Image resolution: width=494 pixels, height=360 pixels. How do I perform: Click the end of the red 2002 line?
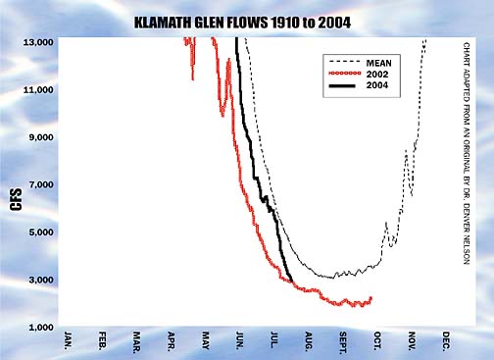[370, 297]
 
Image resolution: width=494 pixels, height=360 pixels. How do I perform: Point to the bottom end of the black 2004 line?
[292, 282]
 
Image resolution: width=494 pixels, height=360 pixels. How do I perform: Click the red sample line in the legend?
[340, 74]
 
